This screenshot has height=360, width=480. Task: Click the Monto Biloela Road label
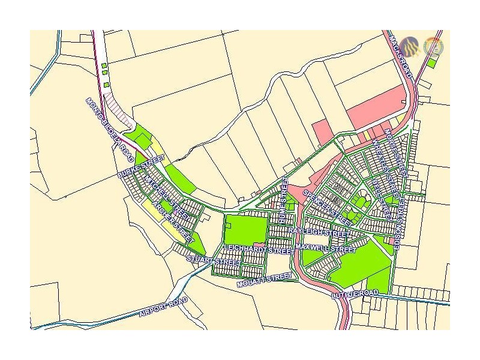[109, 130]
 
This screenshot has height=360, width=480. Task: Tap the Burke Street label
[141, 167]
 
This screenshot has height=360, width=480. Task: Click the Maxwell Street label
[326, 248]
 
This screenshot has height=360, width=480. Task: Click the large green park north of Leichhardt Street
[246, 228]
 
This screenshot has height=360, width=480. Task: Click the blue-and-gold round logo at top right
[410, 46]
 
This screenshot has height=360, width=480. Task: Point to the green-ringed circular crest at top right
[432, 47]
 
